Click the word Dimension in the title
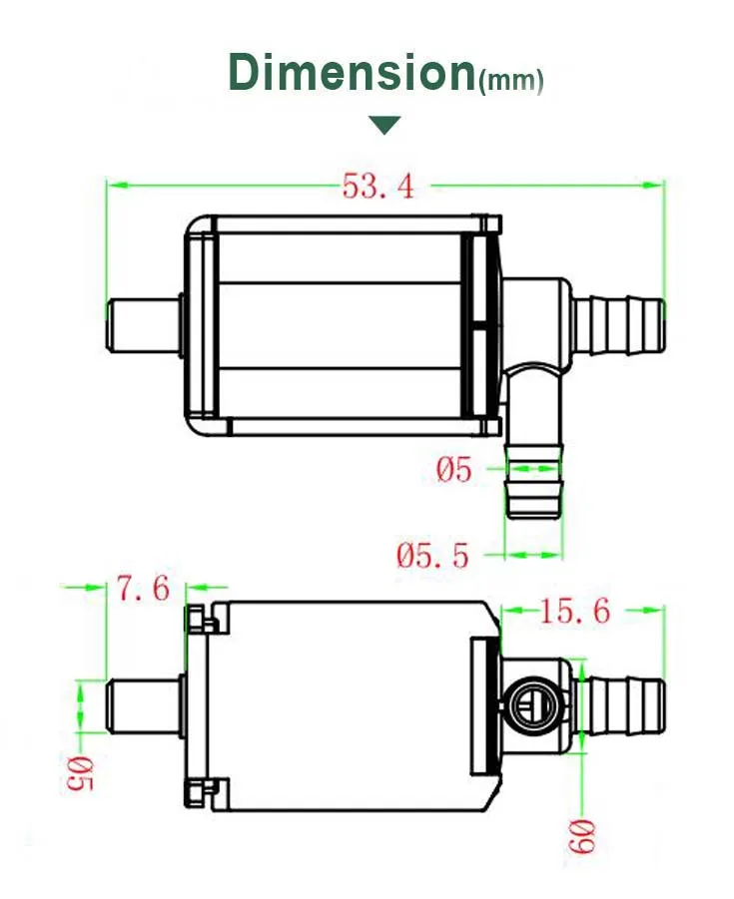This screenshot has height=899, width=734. coord(352,73)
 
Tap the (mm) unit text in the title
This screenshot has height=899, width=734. coord(511,81)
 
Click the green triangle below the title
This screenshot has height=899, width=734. coord(384,125)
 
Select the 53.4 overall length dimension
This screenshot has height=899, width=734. coord(378,187)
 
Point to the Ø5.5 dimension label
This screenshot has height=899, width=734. coord(432,555)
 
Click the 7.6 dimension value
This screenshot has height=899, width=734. coord(145,589)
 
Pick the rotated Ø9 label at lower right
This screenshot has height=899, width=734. coord(584,834)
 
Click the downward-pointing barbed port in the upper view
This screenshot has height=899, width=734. coord(535,484)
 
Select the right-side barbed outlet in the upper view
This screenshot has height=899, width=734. coord(619,324)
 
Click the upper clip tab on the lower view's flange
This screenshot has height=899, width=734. coord(201,619)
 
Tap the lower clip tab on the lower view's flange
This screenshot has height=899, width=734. coord(201,791)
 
